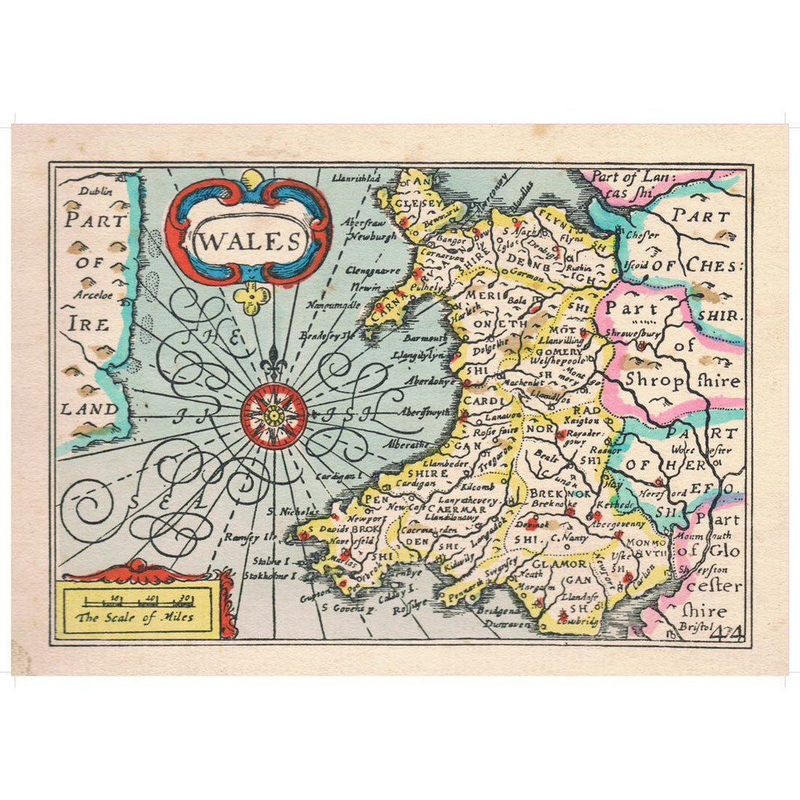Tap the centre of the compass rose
point(274,415)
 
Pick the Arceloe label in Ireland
point(93,295)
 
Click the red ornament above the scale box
point(137,572)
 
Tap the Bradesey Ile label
point(324,335)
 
